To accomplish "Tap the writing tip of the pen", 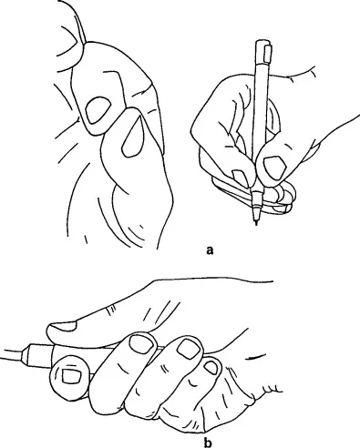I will (256, 223).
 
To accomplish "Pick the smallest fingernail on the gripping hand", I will (211, 367).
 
